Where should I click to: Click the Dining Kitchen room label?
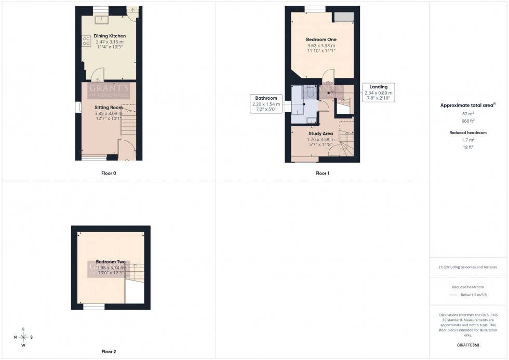[x=110, y=36]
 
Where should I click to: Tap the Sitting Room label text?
[x=108, y=108]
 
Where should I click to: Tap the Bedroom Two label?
[x=110, y=262]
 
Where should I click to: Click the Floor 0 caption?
[x=109, y=173]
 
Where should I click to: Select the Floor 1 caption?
[x=322, y=173]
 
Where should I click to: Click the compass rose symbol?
[x=23, y=337]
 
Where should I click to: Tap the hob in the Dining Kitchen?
[x=86, y=41]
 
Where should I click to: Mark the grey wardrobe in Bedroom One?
[x=344, y=16]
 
